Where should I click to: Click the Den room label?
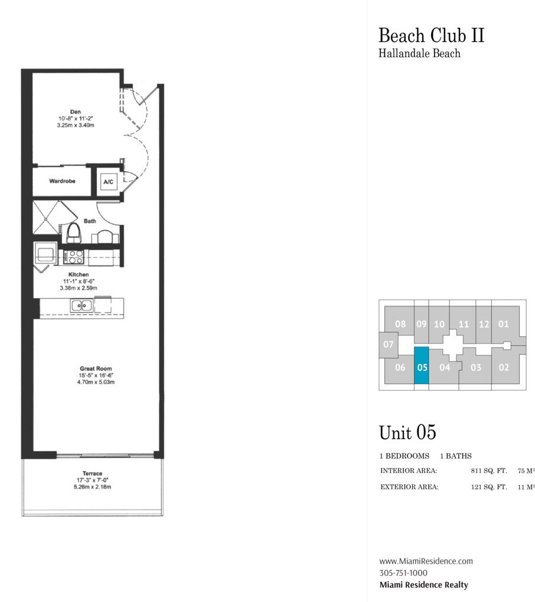(x=75, y=112)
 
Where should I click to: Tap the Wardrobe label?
(x=62, y=181)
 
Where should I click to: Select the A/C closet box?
(x=108, y=182)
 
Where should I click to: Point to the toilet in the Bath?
(x=74, y=233)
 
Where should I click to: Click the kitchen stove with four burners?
(x=74, y=256)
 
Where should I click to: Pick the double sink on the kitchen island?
(x=81, y=306)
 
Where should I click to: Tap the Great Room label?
(x=96, y=368)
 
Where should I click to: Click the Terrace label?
(x=92, y=473)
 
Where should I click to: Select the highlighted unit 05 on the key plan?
(x=421, y=365)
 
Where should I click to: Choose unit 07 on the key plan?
(x=389, y=345)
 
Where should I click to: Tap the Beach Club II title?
(x=431, y=35)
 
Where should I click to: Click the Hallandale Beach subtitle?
(x=419, y=53)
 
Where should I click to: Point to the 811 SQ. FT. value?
(x=489, y=471)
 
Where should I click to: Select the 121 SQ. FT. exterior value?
(x=489, y=487)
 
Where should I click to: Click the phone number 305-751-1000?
(x=403, y=573)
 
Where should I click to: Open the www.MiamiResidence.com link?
(x=426, y=561)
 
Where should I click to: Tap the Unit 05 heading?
(x=407, y=432)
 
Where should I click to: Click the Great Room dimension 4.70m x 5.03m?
(x=96, y=382)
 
